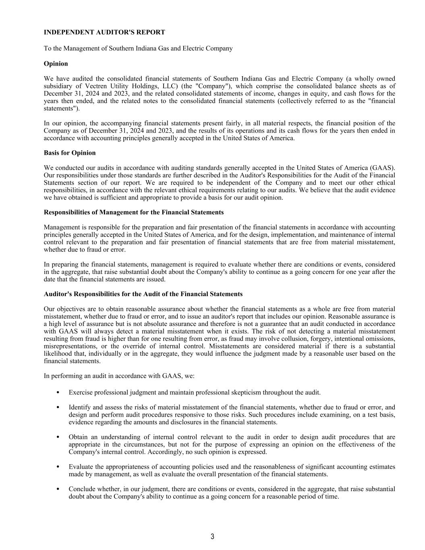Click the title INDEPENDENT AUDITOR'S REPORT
(x=104, y=32)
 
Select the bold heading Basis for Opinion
(x=70, y=153)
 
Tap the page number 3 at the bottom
(x=212, y=536)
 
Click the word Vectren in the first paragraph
(x=96, y=86)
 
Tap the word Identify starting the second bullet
(x=80, y=407)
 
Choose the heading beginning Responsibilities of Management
(x=133, y=212)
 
